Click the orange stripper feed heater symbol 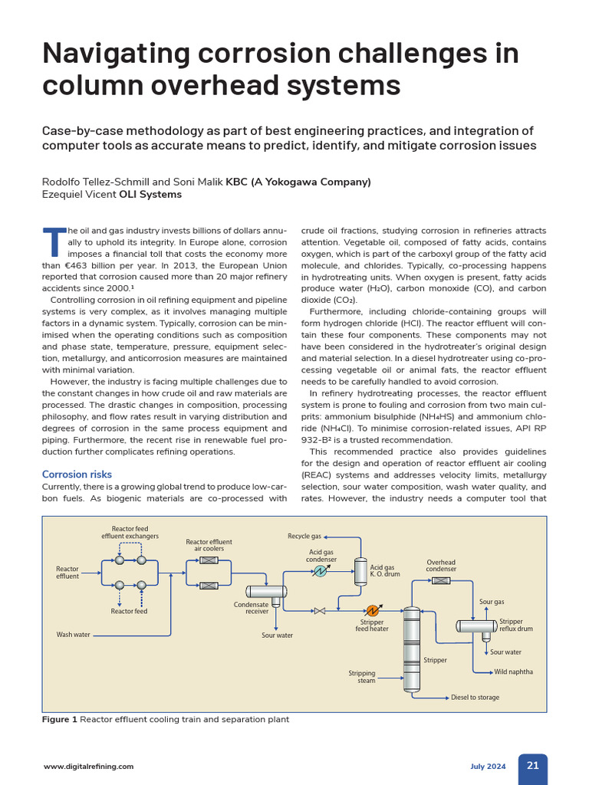(373, 610)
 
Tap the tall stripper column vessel (413, 648)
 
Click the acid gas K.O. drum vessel (360, 571)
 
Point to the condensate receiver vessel (265, 592)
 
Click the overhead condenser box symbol (440, 580)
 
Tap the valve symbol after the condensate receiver (320, 610)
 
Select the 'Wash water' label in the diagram (74, 635)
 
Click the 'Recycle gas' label (304, 537)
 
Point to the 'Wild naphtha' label (514, 672)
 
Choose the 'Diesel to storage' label (475, 698)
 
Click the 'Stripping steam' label (362, 677)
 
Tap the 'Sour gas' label (492, 603)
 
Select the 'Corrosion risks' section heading (77, 475)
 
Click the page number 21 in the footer (532, 766)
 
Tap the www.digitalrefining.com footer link (89, 767)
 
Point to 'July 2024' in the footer (488, 767)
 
